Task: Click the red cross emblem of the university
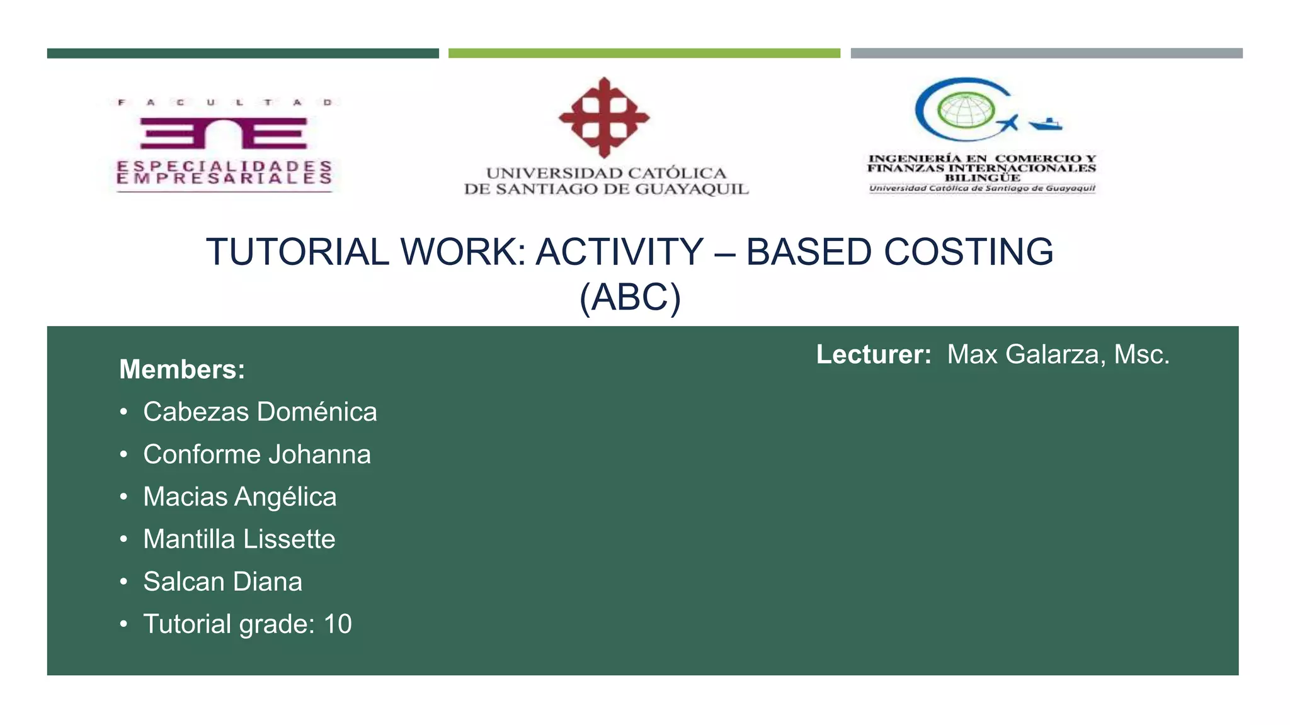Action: (x=604, y=117)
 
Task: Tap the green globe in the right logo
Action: (x=964, y=110)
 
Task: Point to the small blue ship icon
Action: (x=1046, y=124)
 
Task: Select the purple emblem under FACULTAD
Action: (x=224, y=133)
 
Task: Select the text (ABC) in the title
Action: (x=630, y=297)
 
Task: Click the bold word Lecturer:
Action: (x=874, y=354)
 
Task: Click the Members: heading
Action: (x=182, y=369)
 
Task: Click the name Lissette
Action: (x=289, y=539)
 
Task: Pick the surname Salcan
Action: (x=184, y=582)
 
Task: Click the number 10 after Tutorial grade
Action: (x=338, y=624)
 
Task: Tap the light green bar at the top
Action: (x=644, y=53)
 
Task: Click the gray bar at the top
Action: (x=1046, y=53)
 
